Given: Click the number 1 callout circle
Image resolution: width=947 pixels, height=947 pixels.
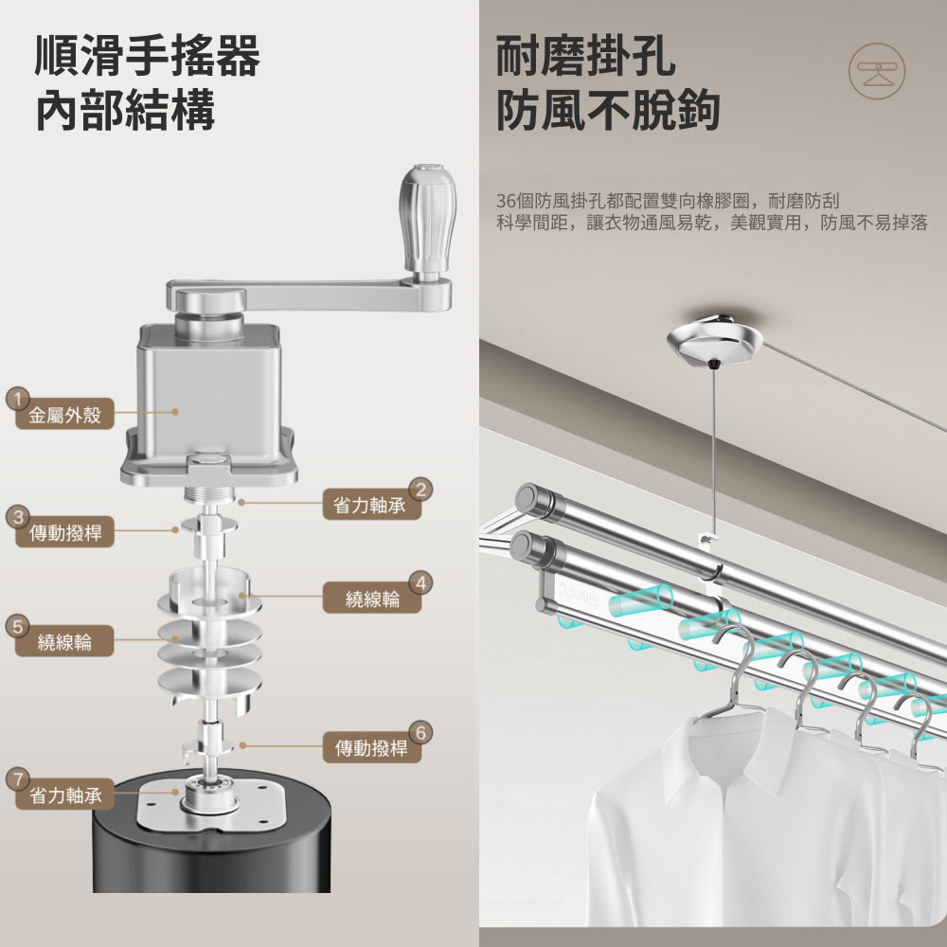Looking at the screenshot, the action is click(18, 400).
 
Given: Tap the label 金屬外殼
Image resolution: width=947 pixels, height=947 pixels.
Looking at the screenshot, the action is click(64, 415).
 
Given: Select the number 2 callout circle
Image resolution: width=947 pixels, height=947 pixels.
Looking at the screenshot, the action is click(421, 490).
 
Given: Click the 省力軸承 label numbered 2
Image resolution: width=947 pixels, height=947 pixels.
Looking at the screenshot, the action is click(369, 505).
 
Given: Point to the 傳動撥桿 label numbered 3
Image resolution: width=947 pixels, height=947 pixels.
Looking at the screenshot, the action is click(64, 532).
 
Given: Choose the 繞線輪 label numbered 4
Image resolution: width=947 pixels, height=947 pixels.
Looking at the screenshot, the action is click(372, 599).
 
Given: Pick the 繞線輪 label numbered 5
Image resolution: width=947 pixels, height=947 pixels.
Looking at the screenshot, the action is click(64, 641).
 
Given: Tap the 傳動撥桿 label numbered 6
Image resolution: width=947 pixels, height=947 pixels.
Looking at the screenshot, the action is click(371, 748).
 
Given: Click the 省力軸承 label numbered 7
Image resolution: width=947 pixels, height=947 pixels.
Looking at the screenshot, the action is click(65, 795).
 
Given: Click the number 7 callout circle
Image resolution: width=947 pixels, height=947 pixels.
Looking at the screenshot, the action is click(18, 779).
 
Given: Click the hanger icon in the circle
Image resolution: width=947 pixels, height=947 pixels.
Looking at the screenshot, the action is click(876, 71).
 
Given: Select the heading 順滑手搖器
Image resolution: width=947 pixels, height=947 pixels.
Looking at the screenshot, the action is click(148, 56).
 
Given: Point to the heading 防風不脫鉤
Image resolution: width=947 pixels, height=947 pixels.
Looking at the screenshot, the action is click(608, 110).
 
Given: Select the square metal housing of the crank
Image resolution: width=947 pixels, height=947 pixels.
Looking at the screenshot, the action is click(208, 399).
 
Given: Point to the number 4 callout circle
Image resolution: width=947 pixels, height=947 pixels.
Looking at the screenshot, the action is click(421, 583).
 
